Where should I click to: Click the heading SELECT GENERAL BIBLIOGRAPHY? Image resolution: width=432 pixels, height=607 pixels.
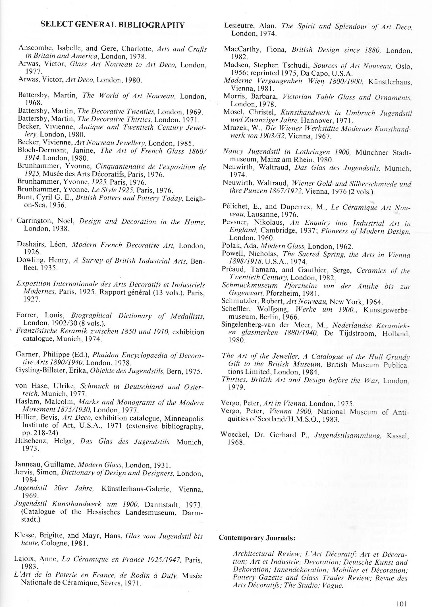click(113, 25)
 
